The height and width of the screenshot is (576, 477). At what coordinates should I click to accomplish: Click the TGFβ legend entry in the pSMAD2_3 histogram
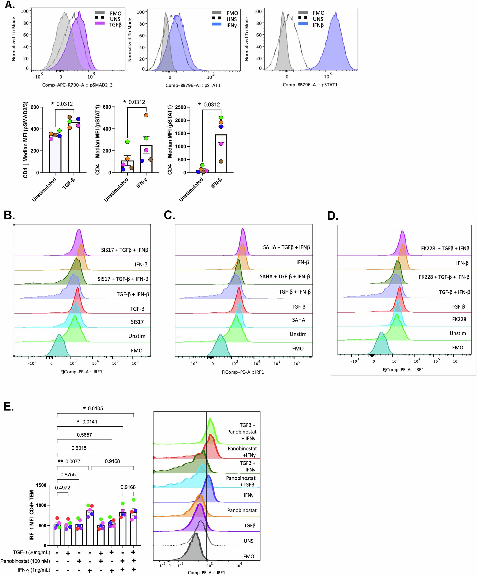[115, 25]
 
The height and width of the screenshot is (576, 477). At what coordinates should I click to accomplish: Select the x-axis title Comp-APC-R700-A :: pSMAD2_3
[77, 85]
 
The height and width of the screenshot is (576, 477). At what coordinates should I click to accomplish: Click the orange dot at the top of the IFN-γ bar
[146, 115]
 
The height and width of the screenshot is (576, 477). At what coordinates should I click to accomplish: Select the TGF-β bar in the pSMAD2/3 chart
[74, 148]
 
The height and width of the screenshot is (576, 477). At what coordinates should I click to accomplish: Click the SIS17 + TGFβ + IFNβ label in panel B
[124, 250]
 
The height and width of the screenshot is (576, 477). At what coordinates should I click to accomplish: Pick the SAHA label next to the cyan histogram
[298, 320]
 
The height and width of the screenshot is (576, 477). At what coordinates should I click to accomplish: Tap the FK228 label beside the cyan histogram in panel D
[459, 319]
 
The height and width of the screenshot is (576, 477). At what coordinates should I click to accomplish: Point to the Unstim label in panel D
[458, 333]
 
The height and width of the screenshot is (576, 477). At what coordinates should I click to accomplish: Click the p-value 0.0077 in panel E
[73, 461]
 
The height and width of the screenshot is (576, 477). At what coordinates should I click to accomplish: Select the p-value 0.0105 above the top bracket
[95, 408]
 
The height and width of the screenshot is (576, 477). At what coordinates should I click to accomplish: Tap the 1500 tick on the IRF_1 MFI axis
[41, 485]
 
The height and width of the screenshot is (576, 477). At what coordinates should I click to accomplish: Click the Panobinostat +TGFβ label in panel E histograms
[241, 481]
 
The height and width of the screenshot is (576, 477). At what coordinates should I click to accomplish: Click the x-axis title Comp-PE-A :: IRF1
[206, 573]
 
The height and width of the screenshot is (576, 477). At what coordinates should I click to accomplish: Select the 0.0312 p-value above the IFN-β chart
[211, 104]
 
